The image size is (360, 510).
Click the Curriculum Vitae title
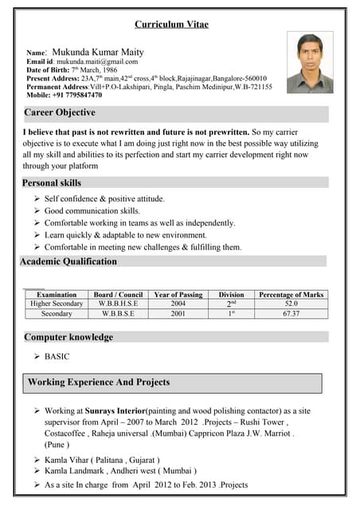click(171, 25)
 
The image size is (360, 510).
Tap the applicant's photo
click(309, 63)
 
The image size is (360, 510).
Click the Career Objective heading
click(60, 113)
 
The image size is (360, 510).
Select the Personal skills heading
click(53, 182)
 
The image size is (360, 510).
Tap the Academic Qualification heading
click(68, 261)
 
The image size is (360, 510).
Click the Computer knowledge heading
click(68, 337)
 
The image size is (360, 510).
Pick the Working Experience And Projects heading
click(99, 382)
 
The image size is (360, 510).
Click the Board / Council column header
click(118, 295)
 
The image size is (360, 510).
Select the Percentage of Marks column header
click(292, 295)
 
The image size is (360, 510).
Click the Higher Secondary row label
click(57, 304)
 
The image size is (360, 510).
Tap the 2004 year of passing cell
click(178, 304)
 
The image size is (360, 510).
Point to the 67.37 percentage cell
click(292, 314)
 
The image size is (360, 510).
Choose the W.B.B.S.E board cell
click(118, 314)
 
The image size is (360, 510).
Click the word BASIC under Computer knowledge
click(57, 357)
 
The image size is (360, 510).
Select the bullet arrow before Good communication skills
click(37, 211)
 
